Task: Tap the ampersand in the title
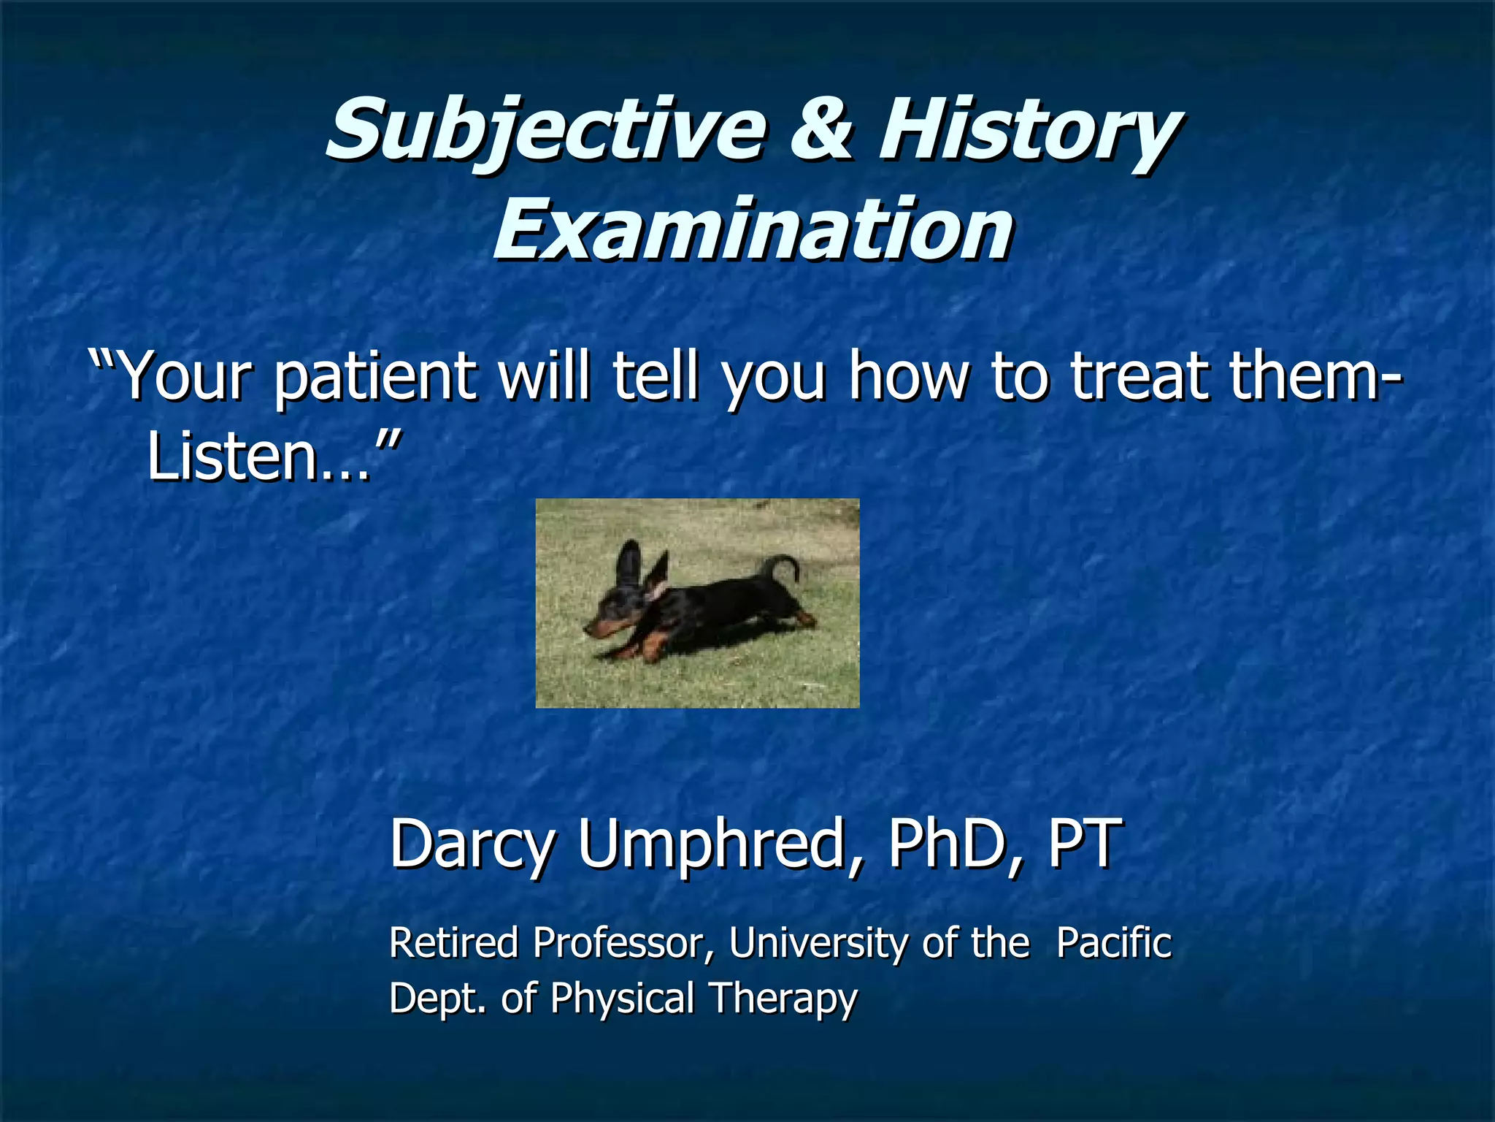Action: tap(821, 130)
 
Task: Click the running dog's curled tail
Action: tap(778, 566)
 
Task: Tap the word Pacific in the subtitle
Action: tap(1114, 942)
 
